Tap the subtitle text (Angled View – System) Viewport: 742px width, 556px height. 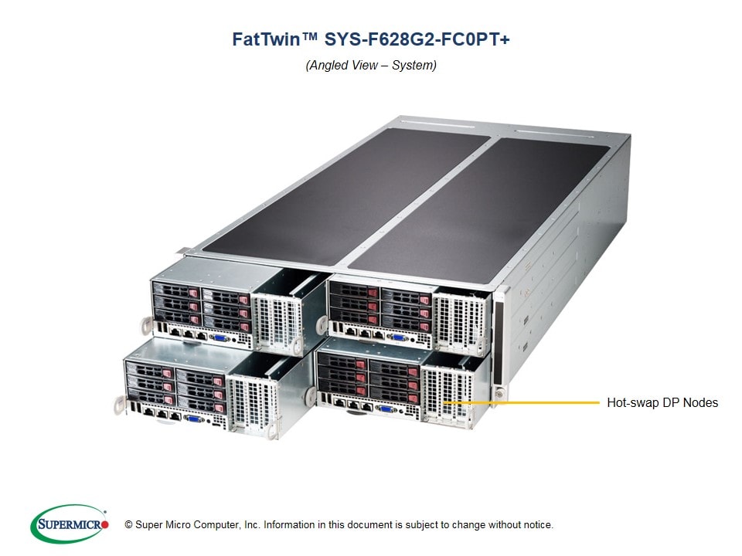(x=371, y=66)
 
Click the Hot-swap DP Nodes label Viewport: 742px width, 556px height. (x=662, y=402)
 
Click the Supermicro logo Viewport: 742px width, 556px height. (x=69, y=524)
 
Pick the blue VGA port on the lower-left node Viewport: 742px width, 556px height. (x=196, y=419)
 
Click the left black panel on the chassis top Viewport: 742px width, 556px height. (x=332, y=193)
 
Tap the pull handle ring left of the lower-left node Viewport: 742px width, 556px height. (x=119, y=402)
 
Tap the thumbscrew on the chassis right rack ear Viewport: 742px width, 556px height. (x=499, y=394)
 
